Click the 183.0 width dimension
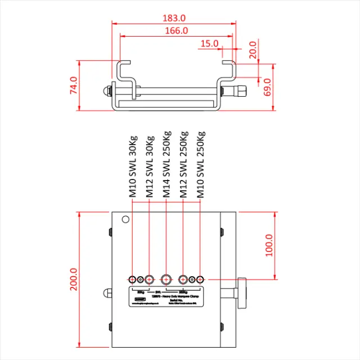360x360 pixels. [x=173, y=17]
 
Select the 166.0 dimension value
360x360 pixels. [x=176, y=31]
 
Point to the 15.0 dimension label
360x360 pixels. [x=209, y=43]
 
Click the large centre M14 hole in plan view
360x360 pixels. [x=166, y=279]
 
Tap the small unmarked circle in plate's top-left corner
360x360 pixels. [x=126, y=219]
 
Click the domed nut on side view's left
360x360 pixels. [x=106, y=90]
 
